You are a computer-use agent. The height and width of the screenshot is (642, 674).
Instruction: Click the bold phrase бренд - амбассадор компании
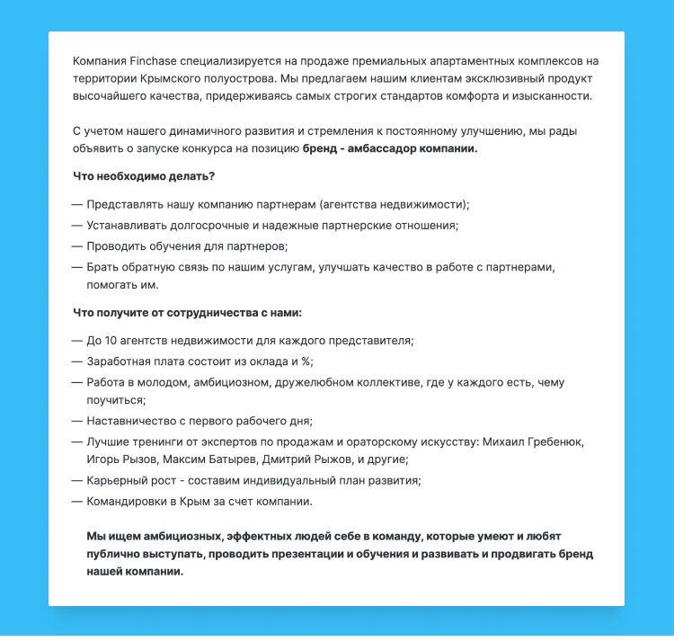(390, 147)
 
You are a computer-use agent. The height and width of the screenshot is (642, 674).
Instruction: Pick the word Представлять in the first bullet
(124, 204)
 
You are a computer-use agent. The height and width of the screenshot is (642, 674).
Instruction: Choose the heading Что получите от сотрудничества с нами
(187, 313)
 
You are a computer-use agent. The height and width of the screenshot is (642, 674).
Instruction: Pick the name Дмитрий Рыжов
(306, 459)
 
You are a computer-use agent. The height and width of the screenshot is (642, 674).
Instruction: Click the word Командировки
(130, 501)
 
